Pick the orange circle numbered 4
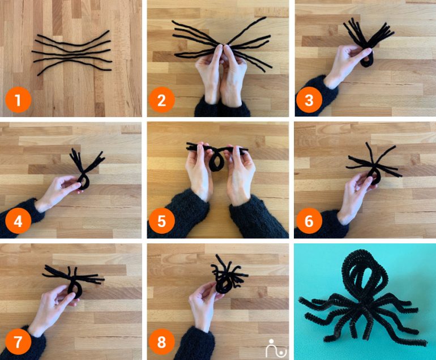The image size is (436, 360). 18,221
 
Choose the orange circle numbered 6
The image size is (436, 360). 309,221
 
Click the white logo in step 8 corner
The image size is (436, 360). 276,348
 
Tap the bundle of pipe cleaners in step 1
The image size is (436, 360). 72,54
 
